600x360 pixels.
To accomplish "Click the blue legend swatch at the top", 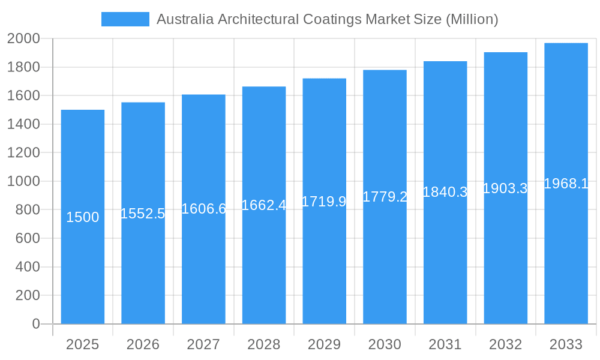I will click(x=125, y=19).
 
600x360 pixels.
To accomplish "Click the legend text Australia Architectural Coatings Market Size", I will click(x=327, y=19).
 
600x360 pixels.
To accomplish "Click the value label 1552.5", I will click(x=143, y=213).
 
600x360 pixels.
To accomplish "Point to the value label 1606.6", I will click(x=203, y=209).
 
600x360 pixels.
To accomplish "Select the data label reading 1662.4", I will click(x=263, y=205).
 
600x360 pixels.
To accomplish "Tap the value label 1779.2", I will click(x=385, y=197).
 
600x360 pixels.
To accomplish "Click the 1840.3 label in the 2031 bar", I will click(x=445, y=192).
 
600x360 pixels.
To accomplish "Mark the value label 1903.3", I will click(x=505, y=188).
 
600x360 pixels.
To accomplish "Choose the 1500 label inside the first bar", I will click(x=83, y=217).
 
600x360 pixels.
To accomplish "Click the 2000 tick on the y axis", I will click(x=23, y=38).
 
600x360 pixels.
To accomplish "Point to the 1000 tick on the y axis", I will click(x=23, y=181).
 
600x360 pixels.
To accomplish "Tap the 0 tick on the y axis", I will click(x=35, y=324).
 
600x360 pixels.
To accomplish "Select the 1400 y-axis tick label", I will click(x=23, y=124).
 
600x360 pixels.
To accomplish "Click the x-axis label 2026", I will click(x=143, y=344).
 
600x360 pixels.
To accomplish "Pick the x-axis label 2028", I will click(x=263, y=344).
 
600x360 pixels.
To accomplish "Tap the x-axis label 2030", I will click(x=385, y=344).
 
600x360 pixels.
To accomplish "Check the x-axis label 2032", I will click(x=505, y=344).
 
